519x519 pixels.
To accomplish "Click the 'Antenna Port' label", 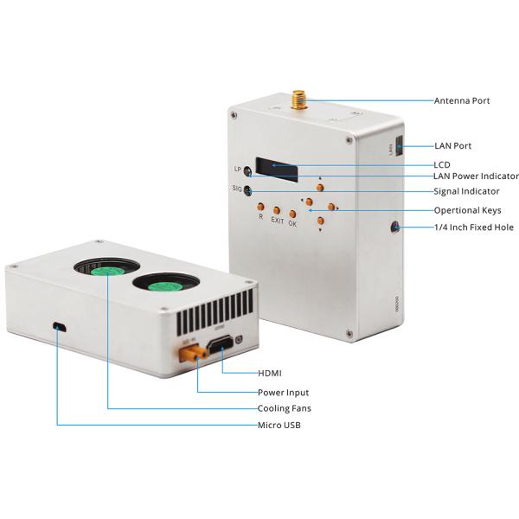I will coord(462,101).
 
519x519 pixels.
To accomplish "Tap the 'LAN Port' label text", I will coord(452,146).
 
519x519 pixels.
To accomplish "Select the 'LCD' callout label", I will coord(441,164).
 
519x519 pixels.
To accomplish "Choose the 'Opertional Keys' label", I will coord(467,210).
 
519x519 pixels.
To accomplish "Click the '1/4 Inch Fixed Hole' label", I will coord(474,227).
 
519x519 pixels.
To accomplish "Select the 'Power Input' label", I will coord(283,393).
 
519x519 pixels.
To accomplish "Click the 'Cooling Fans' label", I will coord(285,408).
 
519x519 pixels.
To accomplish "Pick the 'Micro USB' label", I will coord(279,425).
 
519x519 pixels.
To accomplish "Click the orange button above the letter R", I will coord(260,207).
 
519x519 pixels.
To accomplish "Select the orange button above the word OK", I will coord(293,213).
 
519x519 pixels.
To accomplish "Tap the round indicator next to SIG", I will coord(248,191).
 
